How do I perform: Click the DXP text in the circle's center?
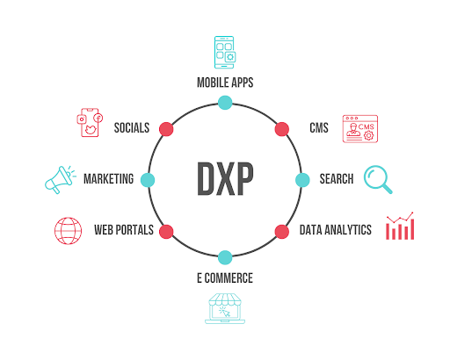click(x=225, y=178)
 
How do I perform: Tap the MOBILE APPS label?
click(x=225, y=83)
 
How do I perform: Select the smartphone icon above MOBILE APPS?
click(x=225, y=53)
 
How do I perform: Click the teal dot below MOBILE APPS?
click(x=225, y=103)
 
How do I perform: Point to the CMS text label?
click(x=319, y=128)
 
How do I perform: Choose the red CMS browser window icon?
click(x=360, y=129)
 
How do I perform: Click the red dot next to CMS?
click(x=282, y=129)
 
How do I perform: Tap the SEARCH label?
click(x=337, y=179)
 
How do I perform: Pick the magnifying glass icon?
click(x=378, y=179)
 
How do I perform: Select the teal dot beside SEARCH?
click(x=302, y=180)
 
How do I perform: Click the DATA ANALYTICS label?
click(x=336, y=230)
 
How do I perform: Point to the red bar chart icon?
click(x=400, y=226)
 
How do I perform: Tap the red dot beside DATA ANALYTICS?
click(x=282, y=232)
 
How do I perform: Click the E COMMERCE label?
click(x=225, y=277)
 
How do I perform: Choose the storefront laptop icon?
click(x=225, y=308)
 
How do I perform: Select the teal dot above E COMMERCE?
click(x=225, y=257)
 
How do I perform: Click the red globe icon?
click(x=68, y=231)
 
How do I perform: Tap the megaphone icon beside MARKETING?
click(x=60, y=180)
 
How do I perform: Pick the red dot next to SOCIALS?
click(x=166, y=129)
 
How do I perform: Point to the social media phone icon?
click(x=90, y=123)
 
